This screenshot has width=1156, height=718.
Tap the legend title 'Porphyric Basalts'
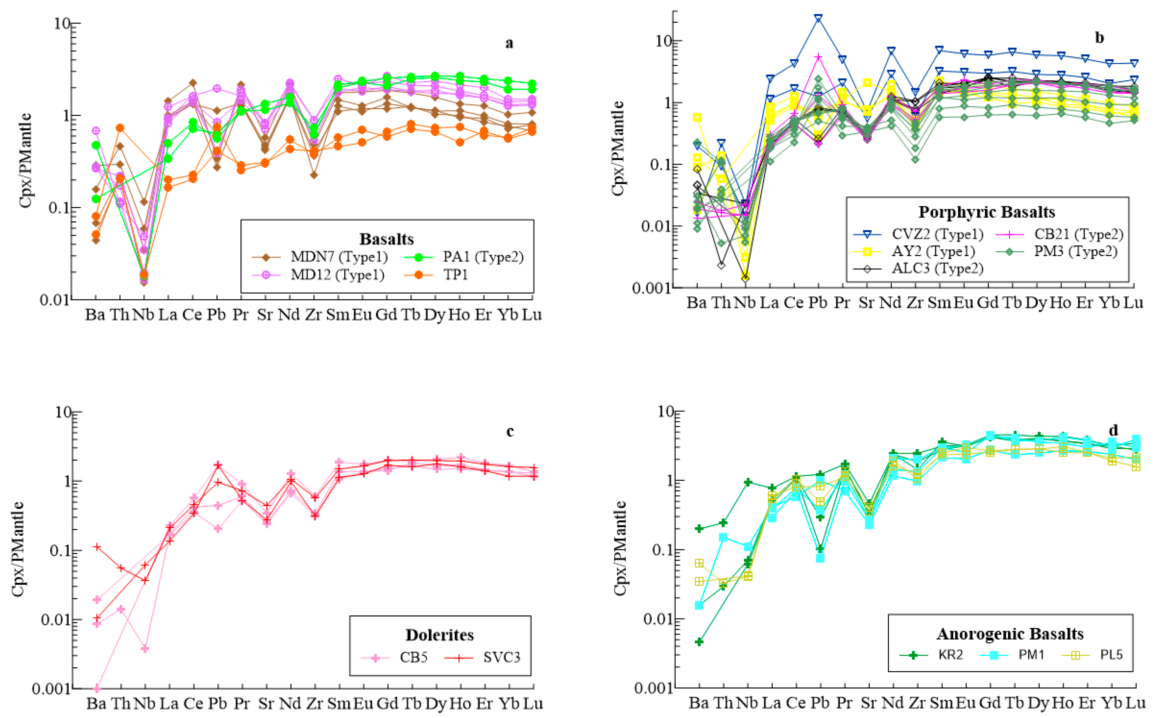986,212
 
